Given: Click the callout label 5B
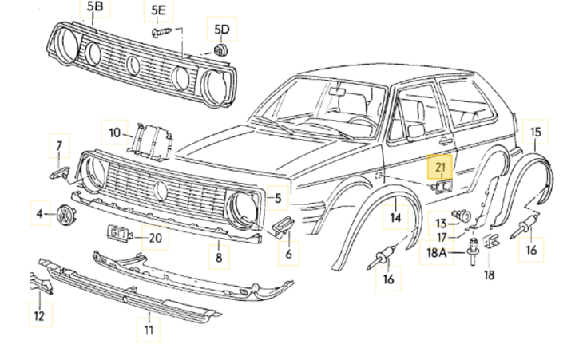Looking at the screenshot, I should (95, 9).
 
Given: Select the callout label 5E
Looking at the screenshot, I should (158, 10).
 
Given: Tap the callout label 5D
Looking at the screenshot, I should (221, 30).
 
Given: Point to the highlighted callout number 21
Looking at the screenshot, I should (441, 167).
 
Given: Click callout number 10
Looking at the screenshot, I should (115, 133).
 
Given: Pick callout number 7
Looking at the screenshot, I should (57, 147).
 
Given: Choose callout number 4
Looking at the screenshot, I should (39, 213).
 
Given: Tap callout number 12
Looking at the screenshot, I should (38, 317).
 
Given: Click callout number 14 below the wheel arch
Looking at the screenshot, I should (395, 216).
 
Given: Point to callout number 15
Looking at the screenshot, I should (535, 132).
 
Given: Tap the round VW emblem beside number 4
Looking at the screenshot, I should (64, 215).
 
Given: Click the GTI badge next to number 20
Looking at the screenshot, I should (118, 234).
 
